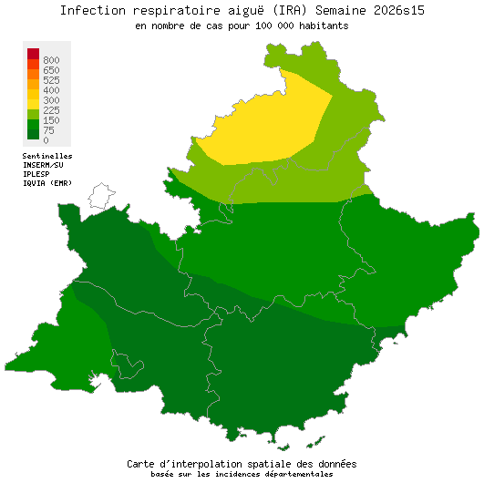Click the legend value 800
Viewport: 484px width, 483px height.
51,60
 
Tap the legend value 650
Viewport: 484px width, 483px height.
51,70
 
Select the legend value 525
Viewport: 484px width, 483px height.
51,80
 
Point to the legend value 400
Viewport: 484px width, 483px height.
51,90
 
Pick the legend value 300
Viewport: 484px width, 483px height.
51,100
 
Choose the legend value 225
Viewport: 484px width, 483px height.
51,110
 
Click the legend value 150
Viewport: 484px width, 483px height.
51,120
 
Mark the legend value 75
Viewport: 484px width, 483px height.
48,130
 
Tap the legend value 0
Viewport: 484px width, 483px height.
46,140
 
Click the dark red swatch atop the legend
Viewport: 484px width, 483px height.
33,53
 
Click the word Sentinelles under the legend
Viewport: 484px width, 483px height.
47,156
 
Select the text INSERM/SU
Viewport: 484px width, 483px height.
43,165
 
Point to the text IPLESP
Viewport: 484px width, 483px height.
36,173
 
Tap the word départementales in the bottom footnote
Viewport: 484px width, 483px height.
298,474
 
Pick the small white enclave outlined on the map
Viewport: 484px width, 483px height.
100,195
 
